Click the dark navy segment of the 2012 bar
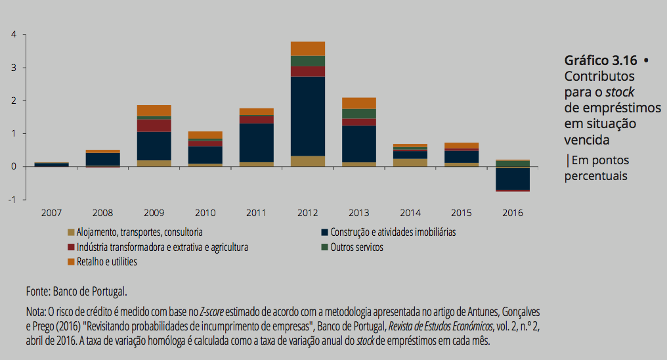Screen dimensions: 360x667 click(308, 116)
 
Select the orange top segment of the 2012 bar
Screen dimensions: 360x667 click(308, 49)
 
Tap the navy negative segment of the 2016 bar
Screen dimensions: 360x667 click(513, 178)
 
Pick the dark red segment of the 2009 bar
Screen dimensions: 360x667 click(154, 125)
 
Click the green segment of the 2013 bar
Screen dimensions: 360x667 click(359, 114)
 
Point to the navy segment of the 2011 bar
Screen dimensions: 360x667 click(257, 142)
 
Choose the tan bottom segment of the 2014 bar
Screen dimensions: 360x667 click(410, 162)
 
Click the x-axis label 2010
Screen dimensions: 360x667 click(205, 213)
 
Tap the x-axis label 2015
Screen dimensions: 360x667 click(462, 213)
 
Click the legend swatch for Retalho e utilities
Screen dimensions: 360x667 click(71, 262)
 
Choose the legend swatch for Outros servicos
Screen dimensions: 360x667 click(324, 248)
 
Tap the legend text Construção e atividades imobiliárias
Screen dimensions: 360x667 click(393, 233)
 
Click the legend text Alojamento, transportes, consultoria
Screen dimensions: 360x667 click(139, 233)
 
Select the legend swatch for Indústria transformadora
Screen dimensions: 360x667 click(71, 248)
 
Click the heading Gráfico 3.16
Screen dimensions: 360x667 click(601, 60)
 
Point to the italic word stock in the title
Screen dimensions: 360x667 click(620, 92)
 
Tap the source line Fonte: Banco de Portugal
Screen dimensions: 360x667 click(76, 291)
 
